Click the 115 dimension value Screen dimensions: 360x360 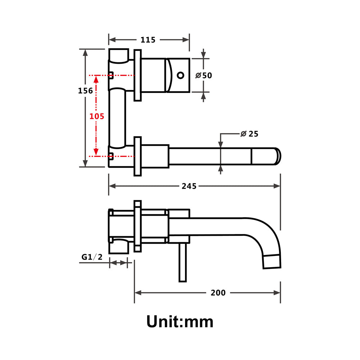click(x=148, y=40)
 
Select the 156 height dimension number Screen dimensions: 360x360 click(x=86, y=91)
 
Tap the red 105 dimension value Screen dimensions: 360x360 click(x=97, y=116)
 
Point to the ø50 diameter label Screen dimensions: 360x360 click(x=204, y=76)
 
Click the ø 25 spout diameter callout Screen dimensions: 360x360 click(x=249, y=134)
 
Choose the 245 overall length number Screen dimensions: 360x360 click(x=189, y=186)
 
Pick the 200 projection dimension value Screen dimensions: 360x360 click(x=218, y=293)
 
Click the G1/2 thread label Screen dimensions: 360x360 click(x=92, y=257)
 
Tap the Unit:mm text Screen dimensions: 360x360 click(x=180, y=321)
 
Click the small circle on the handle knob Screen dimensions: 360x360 click(x=181, y=75)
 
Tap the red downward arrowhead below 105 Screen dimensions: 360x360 click(x=96, y=152)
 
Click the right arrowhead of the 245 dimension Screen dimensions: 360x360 click(x=277, y=186)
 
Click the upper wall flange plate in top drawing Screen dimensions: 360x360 click(x=137, y=75)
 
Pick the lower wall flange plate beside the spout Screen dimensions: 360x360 click(x=137, y=156)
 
